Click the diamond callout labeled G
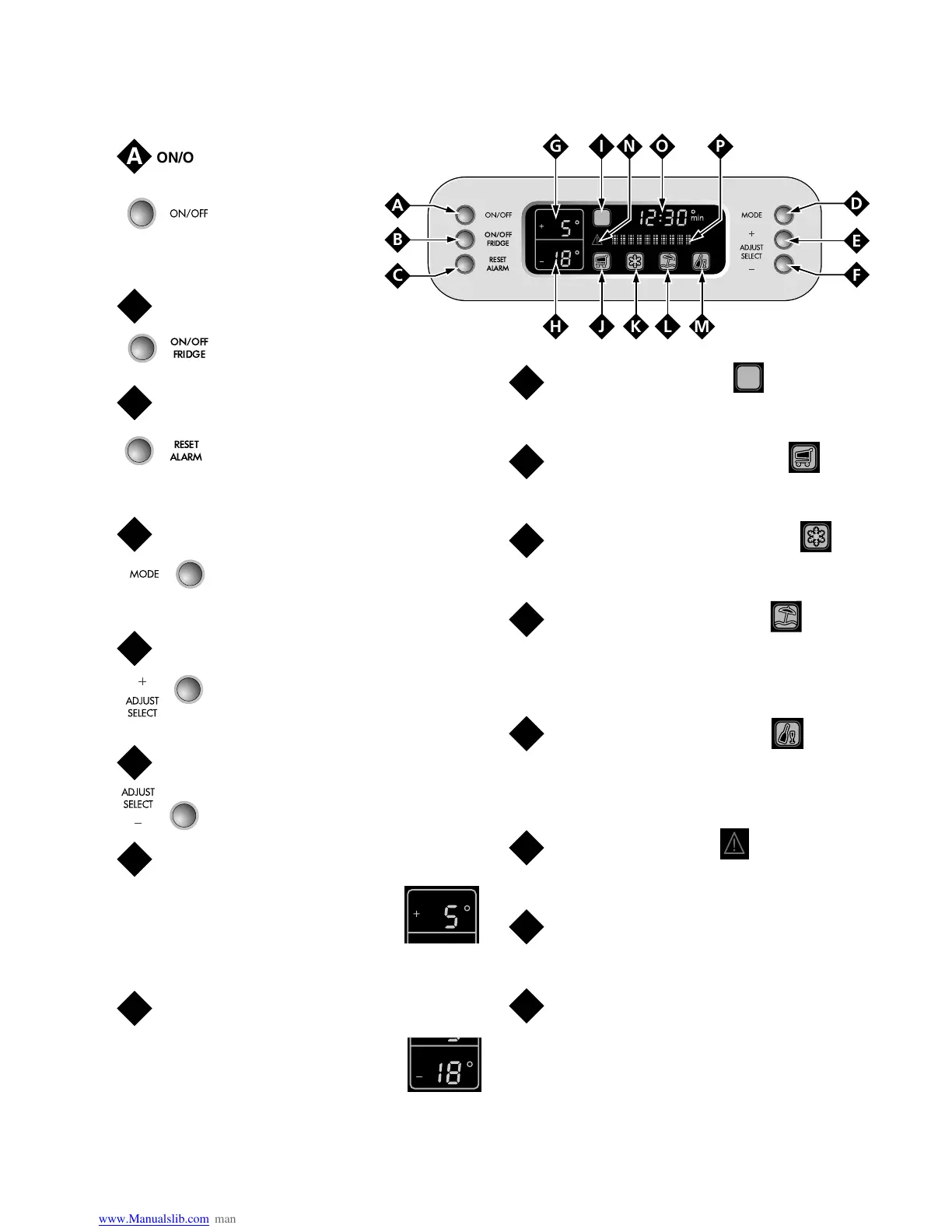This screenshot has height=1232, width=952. click(x=555, y=146)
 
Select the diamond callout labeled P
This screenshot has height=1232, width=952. click(x=720, y=146)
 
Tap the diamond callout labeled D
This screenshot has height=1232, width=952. click(x=856, y=205)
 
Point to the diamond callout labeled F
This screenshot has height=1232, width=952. click(x=856, y=275)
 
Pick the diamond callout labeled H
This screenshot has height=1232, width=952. click(x=555, y=327)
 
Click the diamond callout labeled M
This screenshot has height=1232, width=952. click(x=702, y=327)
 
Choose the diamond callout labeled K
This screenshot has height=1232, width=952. click(x=635, y=327)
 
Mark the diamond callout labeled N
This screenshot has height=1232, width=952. click(x=629, y=146)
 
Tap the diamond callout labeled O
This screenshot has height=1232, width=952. click(x=662, y=146)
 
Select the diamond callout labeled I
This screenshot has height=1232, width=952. click(x=601, y=146)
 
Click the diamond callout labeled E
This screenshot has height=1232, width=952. click(x=856, y=240)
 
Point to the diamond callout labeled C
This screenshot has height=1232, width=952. click(x=397, y=275)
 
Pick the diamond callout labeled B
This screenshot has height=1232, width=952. click(x=397, y=240)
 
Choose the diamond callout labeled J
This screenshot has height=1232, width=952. click(x=601, y=327)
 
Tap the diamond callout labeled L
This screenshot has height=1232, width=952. click(x=667, y=327)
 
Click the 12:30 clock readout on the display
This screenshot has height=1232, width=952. click(x=662, y=218)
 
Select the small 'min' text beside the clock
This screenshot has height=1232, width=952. click(x=697, y=219)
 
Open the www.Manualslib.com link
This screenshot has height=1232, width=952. click(x=154, y=1219)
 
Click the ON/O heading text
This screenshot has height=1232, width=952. click(x=175, y=158)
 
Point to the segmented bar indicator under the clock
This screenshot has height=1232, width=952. click(x=650, y=240)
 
